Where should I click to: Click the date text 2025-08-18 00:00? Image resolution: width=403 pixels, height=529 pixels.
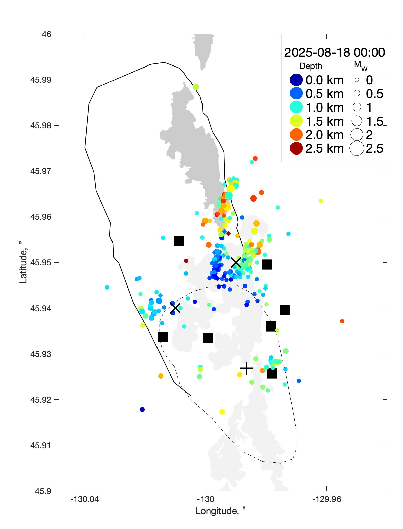[x=334, y=52]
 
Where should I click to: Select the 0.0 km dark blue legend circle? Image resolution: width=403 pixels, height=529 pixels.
[x=296, y=80]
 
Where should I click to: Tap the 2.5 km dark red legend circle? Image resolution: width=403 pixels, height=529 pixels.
[x=296, y=148]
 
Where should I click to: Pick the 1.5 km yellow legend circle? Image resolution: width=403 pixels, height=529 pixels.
[x=296, y=121]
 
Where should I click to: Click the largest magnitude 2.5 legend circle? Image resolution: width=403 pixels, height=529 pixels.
[x=357, y=148]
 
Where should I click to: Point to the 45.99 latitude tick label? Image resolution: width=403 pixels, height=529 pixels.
[x=41, y=80]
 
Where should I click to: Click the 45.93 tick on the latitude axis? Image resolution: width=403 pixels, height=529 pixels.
[x=41, y=354]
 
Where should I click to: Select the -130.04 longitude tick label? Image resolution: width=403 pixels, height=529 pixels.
[x=85, y=499]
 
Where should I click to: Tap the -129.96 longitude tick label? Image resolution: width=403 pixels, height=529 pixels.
[x=326, y=499]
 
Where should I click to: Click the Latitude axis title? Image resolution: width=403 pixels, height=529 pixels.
[x=23, y=262]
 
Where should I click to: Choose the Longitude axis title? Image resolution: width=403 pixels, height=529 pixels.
[x=221, y=511]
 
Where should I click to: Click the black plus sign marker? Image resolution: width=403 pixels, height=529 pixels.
[x=246, y=368]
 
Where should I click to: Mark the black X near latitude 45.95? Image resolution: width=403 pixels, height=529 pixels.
[x=236, y=263]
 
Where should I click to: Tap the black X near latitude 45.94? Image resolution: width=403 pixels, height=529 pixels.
[x=175, y=308]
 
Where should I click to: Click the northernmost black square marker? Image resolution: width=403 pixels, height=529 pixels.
[x=179, y=241]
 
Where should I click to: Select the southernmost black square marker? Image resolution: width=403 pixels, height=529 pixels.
[x=272, y=373]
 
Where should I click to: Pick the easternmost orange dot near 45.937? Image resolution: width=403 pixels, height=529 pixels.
[x=342, y=321]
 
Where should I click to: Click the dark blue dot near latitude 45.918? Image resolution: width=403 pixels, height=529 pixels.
[x=142, y=409]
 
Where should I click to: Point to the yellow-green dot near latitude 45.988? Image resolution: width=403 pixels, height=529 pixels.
[x=196, y=87]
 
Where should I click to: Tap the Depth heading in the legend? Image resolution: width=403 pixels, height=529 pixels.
[x=311, y=66]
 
